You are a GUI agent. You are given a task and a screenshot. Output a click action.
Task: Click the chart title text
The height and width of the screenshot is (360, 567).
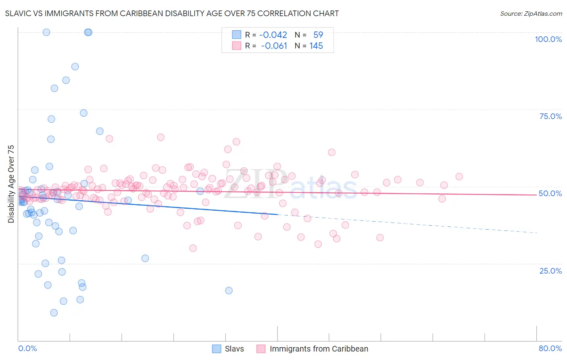[172, 13]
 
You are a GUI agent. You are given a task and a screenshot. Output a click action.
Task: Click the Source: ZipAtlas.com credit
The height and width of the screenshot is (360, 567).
[531, 13]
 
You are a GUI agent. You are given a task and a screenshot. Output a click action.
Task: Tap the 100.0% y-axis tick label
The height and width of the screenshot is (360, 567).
[548, 39]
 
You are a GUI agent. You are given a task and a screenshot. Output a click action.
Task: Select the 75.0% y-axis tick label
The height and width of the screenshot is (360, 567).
[550, 116]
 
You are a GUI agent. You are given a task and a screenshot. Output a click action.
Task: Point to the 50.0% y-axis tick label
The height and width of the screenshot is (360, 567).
[550, 193]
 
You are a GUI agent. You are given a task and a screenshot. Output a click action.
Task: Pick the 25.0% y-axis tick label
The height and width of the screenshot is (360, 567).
[550, 270]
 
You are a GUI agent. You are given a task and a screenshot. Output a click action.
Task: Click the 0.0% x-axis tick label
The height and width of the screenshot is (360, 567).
[27, 348]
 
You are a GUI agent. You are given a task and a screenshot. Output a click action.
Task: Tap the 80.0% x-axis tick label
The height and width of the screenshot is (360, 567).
[550, 348]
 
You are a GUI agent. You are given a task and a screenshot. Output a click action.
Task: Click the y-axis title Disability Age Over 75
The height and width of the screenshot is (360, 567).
[11, 184]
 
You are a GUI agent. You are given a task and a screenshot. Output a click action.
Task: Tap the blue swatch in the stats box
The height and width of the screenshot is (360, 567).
[236, 35]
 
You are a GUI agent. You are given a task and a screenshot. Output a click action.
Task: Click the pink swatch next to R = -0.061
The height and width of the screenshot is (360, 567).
[236, 46]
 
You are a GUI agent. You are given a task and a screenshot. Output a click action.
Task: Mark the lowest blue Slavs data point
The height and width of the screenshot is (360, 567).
[54, 313]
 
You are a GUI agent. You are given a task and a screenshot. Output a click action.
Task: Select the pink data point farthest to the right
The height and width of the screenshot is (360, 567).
[459, 176]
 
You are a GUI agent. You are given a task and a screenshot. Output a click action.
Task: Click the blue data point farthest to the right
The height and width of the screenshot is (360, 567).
[229, 291]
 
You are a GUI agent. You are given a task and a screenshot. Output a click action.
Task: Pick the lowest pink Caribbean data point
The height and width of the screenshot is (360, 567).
[193, 248]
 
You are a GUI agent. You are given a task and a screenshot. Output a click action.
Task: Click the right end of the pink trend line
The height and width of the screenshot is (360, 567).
[536, 195]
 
